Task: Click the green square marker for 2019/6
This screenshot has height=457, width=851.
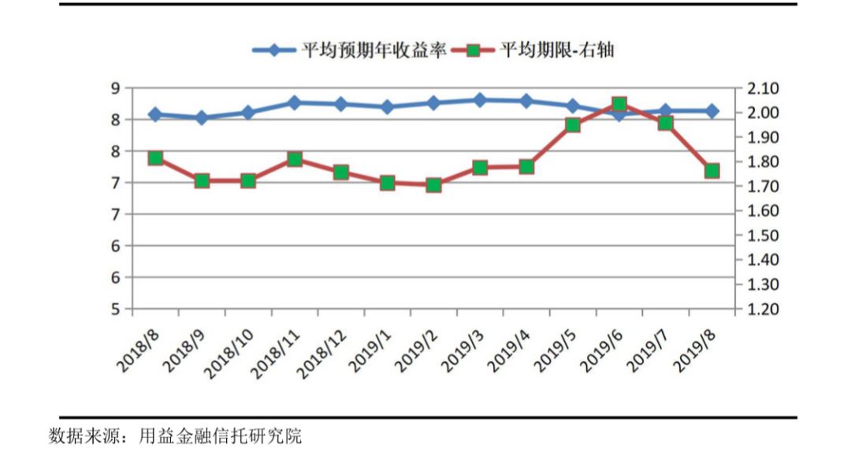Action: pyautogui.click(x=619, y=104)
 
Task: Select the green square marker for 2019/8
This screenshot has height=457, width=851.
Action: pyautogui.click(x=712, y=171)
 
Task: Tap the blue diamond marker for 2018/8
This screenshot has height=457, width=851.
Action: pyautogui.click(x=155, y=115)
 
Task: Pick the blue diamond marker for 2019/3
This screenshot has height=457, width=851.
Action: pyautogui.click(x=480, y=100)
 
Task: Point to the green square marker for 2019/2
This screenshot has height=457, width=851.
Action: pyautogui.click(x=433, y=185)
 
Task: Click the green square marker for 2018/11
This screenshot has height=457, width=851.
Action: pyautogui.click(x=295, y=159)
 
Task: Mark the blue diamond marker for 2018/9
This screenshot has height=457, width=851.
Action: pyautogui.click(x=202, y=118)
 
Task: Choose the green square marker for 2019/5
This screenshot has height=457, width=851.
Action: pyautogui.click(x=573, y=124)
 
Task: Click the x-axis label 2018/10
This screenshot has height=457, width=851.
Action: pyautogui.click(x=228, y=351)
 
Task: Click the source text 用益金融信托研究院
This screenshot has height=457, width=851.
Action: pyautogui.click(x=221, y=436)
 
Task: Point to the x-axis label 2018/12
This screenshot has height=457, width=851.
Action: pyautogui.click(x=321, y=351)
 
